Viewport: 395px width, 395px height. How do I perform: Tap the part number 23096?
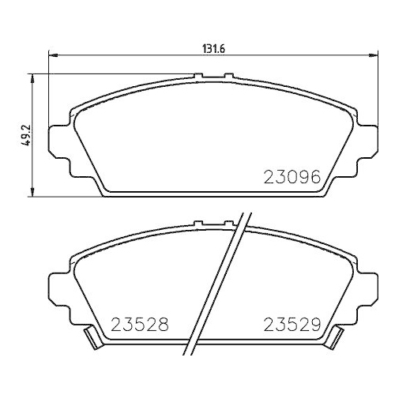[291, 178]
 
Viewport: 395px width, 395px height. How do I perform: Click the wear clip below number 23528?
[92, 340]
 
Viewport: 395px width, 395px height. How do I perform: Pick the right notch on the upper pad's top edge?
[228, 77]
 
